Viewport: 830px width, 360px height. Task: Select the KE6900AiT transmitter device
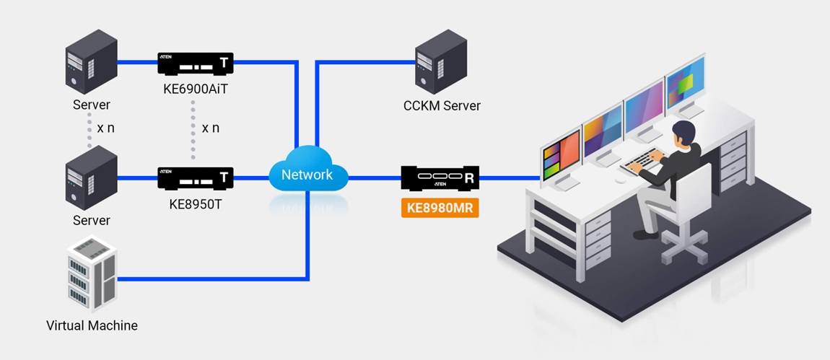click(x=195, y=63)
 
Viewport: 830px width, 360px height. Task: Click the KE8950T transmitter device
click(x=195, y=177)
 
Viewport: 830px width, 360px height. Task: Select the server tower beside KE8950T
click(x=92, y=177)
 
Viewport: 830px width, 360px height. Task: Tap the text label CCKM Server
click(x=442, y=106)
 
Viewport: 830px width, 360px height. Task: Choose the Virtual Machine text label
click(x=92, y=325)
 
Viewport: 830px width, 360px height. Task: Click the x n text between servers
click(x=105, y=128)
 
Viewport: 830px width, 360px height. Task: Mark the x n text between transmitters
click(x=211, y=128)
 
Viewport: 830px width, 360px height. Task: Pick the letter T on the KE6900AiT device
click(x=224, y=63)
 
